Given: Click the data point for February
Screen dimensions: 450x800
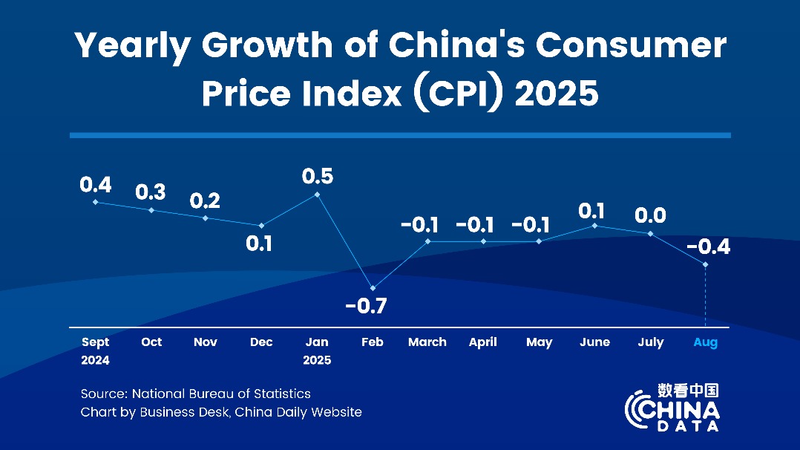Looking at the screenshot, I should [x=373, y=288].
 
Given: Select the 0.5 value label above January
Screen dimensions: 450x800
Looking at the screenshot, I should [x=318, y=177].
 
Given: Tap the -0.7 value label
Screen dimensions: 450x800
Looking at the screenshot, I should [x=367, y=306].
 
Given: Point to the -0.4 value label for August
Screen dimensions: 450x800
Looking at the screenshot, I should [x=708, y=247].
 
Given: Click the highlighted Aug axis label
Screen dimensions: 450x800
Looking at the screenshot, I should [x=705, y=342].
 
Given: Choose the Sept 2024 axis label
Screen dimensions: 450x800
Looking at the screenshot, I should [x=95, y=350].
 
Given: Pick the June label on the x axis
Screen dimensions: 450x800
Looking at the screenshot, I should [x=594, y=342].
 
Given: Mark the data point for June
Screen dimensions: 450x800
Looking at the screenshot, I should [x=594, y=225].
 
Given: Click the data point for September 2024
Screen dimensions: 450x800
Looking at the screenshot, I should [x=95, y=202].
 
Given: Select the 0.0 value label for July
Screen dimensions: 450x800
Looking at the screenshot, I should [x=650, y=215].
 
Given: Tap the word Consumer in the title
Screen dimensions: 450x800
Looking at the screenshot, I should [x=631, y=46].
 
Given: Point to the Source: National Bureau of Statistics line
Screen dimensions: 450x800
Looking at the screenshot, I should [x=196, y=394].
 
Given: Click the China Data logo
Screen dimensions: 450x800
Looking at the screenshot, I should [x=672, y=408].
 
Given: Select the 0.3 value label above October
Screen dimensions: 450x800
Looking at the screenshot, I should [x=151, y=192].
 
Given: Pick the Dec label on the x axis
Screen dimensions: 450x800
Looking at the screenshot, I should [x=261, y=342].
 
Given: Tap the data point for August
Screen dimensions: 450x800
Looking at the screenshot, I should [x=705, y=264].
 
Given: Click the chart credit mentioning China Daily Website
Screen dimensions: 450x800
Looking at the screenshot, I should [x=221, y=412].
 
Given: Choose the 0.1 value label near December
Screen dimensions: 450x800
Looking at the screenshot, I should [x=259, y=243].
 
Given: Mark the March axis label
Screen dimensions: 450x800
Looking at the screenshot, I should [x=427, y=342].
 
